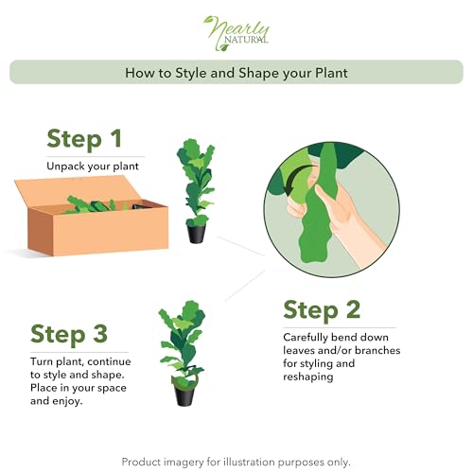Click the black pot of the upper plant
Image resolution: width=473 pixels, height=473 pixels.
(196, 233)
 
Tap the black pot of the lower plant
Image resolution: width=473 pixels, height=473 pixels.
(184, 393)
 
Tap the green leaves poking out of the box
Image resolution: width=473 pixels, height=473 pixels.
(95, 202)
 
